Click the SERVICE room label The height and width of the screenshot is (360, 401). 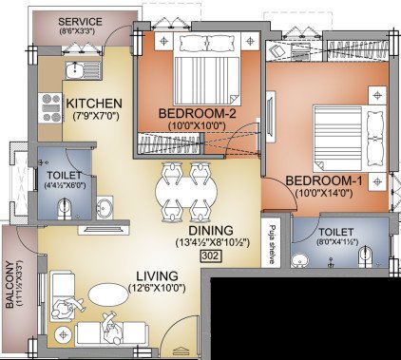coord(80,22)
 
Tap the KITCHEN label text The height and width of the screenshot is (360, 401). coord(92,102)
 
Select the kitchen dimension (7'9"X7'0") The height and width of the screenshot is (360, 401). coord(92,116)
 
